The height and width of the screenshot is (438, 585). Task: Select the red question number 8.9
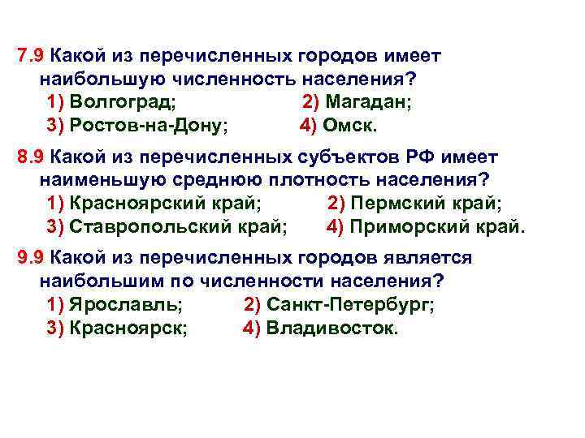pyautogui.click(x=30, y=157)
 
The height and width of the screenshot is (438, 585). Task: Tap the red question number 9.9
pyautogui.click(x=30, y=258)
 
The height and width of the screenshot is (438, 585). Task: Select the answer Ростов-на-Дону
pyautogui.click(x=149, y=127)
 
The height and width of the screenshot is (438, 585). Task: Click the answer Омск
pyautogui.click(x=351, y=127)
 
